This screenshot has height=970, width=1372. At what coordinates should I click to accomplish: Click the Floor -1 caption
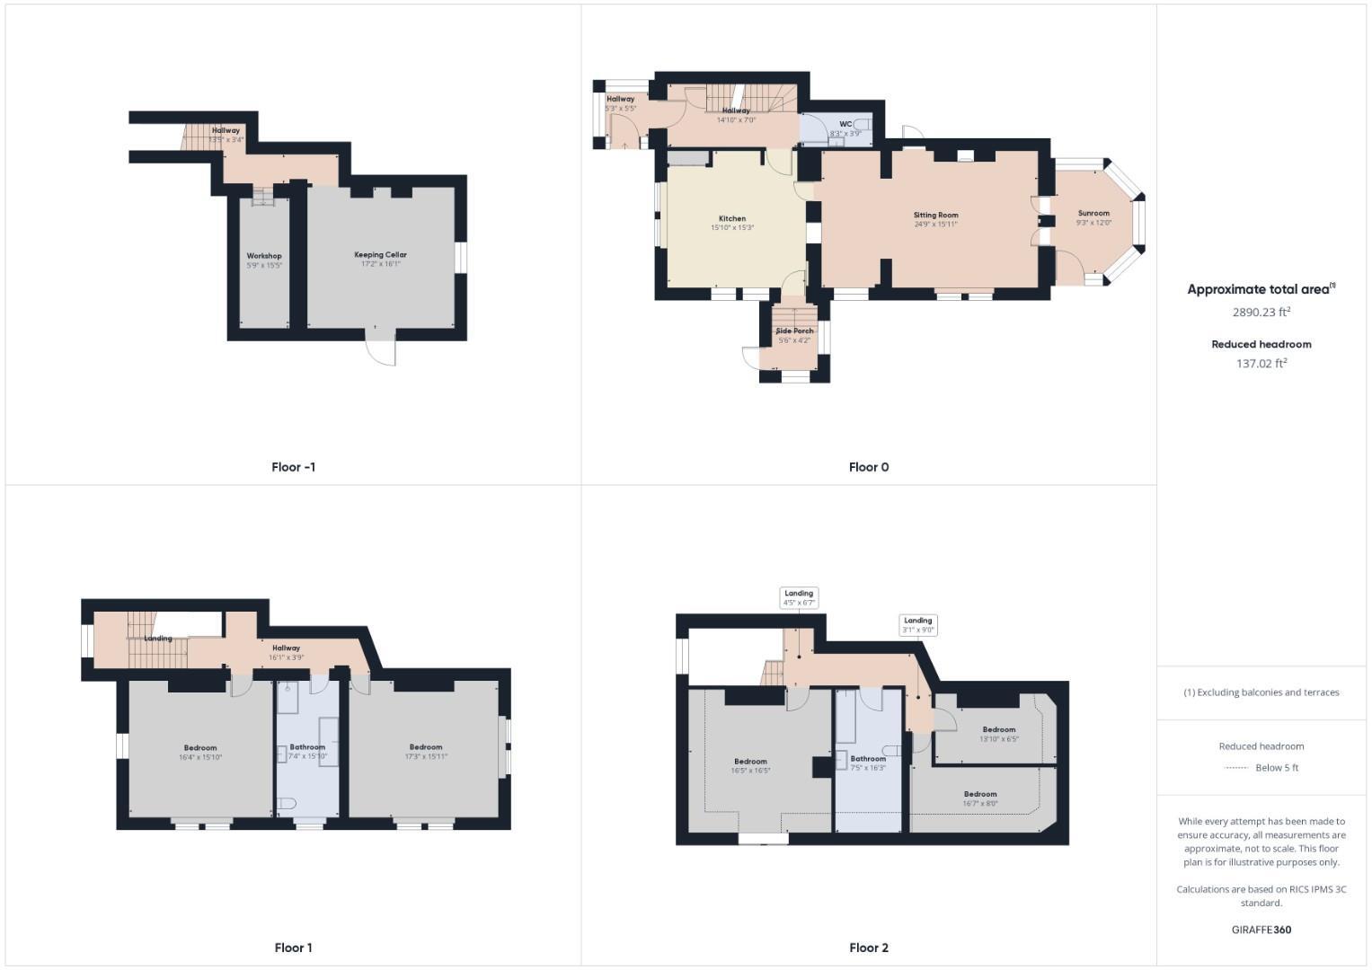(x=293, y=467)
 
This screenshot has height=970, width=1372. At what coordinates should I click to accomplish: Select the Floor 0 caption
(x=868, y=467)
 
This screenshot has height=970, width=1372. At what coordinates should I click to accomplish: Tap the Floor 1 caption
(x=293, y=948)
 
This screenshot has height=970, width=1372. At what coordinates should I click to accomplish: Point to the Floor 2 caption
(x=868, y=948)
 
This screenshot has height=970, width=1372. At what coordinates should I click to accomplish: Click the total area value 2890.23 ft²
(x=1261, y=313)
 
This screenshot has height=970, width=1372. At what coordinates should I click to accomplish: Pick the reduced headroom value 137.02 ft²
(x=1261, y=364)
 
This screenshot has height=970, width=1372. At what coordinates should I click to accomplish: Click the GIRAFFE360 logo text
(x=1261, y=930)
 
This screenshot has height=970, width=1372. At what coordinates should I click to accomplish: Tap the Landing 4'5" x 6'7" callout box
(x=799, y=597)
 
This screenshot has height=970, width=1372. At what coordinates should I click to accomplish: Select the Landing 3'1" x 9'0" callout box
(x=917, y=625)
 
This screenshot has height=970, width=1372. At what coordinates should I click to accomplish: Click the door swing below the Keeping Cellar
(x=383, y=350)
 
